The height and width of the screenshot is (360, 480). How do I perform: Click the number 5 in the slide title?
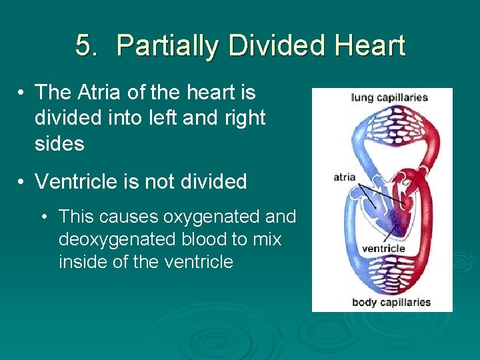(83, 46)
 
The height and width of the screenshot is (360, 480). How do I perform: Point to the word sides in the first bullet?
(59, 143)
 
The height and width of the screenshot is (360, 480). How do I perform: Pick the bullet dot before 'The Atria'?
(22, 93)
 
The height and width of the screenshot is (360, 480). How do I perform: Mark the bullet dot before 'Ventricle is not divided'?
(22, 182)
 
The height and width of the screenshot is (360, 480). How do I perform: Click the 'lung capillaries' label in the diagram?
(389, 98)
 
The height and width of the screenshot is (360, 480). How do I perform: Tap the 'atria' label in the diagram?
(345, 177)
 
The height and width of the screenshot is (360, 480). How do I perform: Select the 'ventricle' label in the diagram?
(383, 249)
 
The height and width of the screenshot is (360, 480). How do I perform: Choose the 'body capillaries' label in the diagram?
(391, 302)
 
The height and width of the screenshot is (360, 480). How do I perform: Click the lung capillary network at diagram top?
(383, 123)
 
